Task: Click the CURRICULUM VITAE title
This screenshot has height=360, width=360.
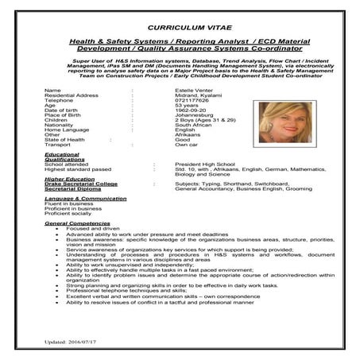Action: coord(180,26)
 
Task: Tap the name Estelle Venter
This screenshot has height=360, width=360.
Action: coord(194,90)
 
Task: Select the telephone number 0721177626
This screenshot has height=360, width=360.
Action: coord(192,101)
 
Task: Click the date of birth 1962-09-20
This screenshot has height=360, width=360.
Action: coord(191,112)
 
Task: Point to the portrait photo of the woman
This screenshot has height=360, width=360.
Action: coord(285,121)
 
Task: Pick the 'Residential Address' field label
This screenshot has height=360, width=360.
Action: coord(72,95)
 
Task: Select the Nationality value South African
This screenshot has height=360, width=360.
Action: coord(194,130)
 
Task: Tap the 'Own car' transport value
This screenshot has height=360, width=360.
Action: coord(187,145)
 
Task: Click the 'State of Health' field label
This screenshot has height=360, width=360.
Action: coord(65,140)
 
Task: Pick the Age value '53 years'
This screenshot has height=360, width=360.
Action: coord(187,106)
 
